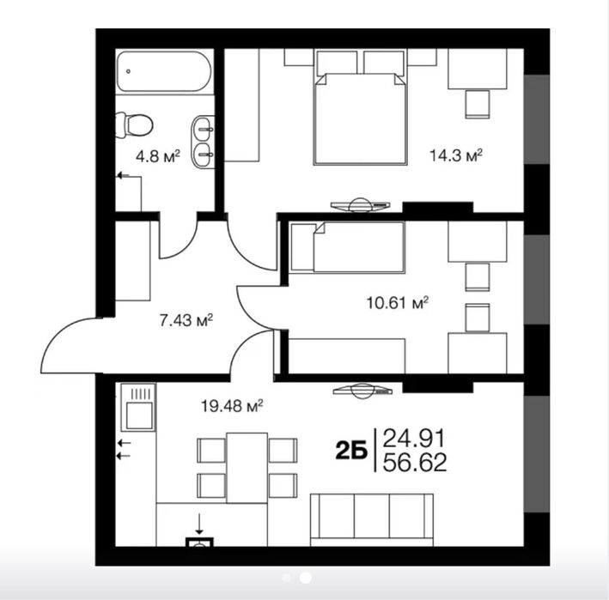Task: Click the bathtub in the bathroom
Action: [164, 71]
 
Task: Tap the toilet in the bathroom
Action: [134, 125]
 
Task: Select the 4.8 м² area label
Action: [158, 156]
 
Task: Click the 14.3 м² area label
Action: [455, 155]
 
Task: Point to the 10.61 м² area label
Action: [398, 302]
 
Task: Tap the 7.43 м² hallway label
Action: [186, 320]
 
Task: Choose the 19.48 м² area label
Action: [232, 406]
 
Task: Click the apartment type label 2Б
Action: [351, 451]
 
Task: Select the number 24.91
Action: [414, 439]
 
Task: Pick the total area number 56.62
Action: [415, 462]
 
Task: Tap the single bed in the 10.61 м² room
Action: [348, 247]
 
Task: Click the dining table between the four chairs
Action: [247, 468]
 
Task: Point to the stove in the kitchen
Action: [138, 407]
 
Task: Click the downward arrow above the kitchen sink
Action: [199, 523]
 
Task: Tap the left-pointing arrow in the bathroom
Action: [124, 176]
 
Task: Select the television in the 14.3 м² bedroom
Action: [360, 205]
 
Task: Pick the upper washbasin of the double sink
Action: [203, 127]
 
